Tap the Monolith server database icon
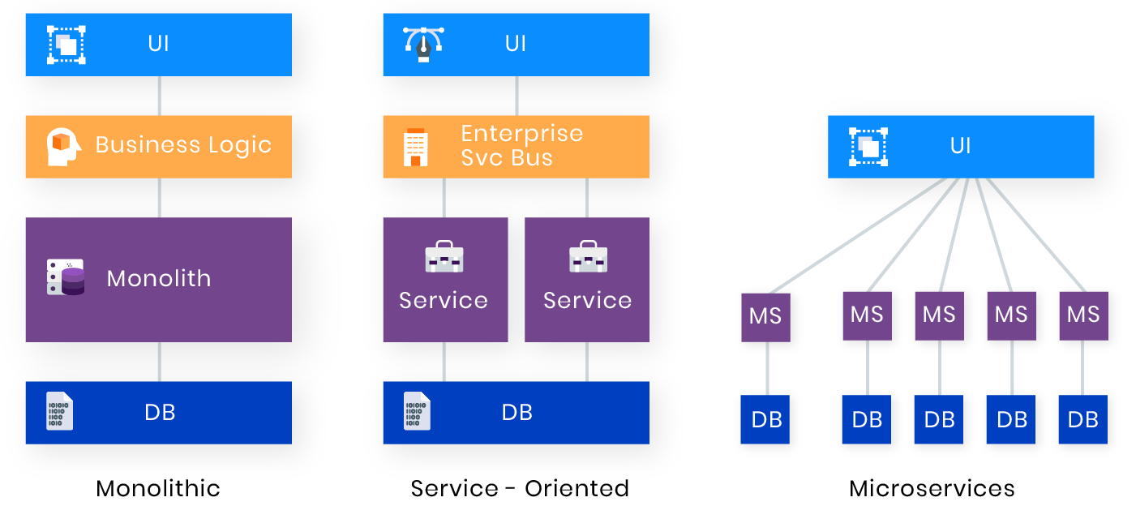(x=66, y=278)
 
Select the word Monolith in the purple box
(x=159, y=278)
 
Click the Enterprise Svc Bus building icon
(x=416, y=147)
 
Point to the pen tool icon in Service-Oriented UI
(x=423, y=45)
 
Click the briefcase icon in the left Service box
(x=444, y=257)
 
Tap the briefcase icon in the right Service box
(x=588, y=257)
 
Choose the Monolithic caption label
(x=158, y=488)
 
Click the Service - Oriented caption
(x=520, y=488)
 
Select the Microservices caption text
(x=932, y=488)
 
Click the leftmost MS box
(x=765, y=317)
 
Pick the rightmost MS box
(x=1083, y=315)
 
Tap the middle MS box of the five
(x=939, y=315)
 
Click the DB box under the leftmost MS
(x=765, y=419)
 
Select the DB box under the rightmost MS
(x=1083, y=419)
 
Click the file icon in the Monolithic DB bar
(x=60, y=412)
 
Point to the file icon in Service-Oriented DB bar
(x=418, y=412)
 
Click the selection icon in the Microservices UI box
(x=868, y=147)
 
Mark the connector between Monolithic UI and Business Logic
(x=159, y=96)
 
